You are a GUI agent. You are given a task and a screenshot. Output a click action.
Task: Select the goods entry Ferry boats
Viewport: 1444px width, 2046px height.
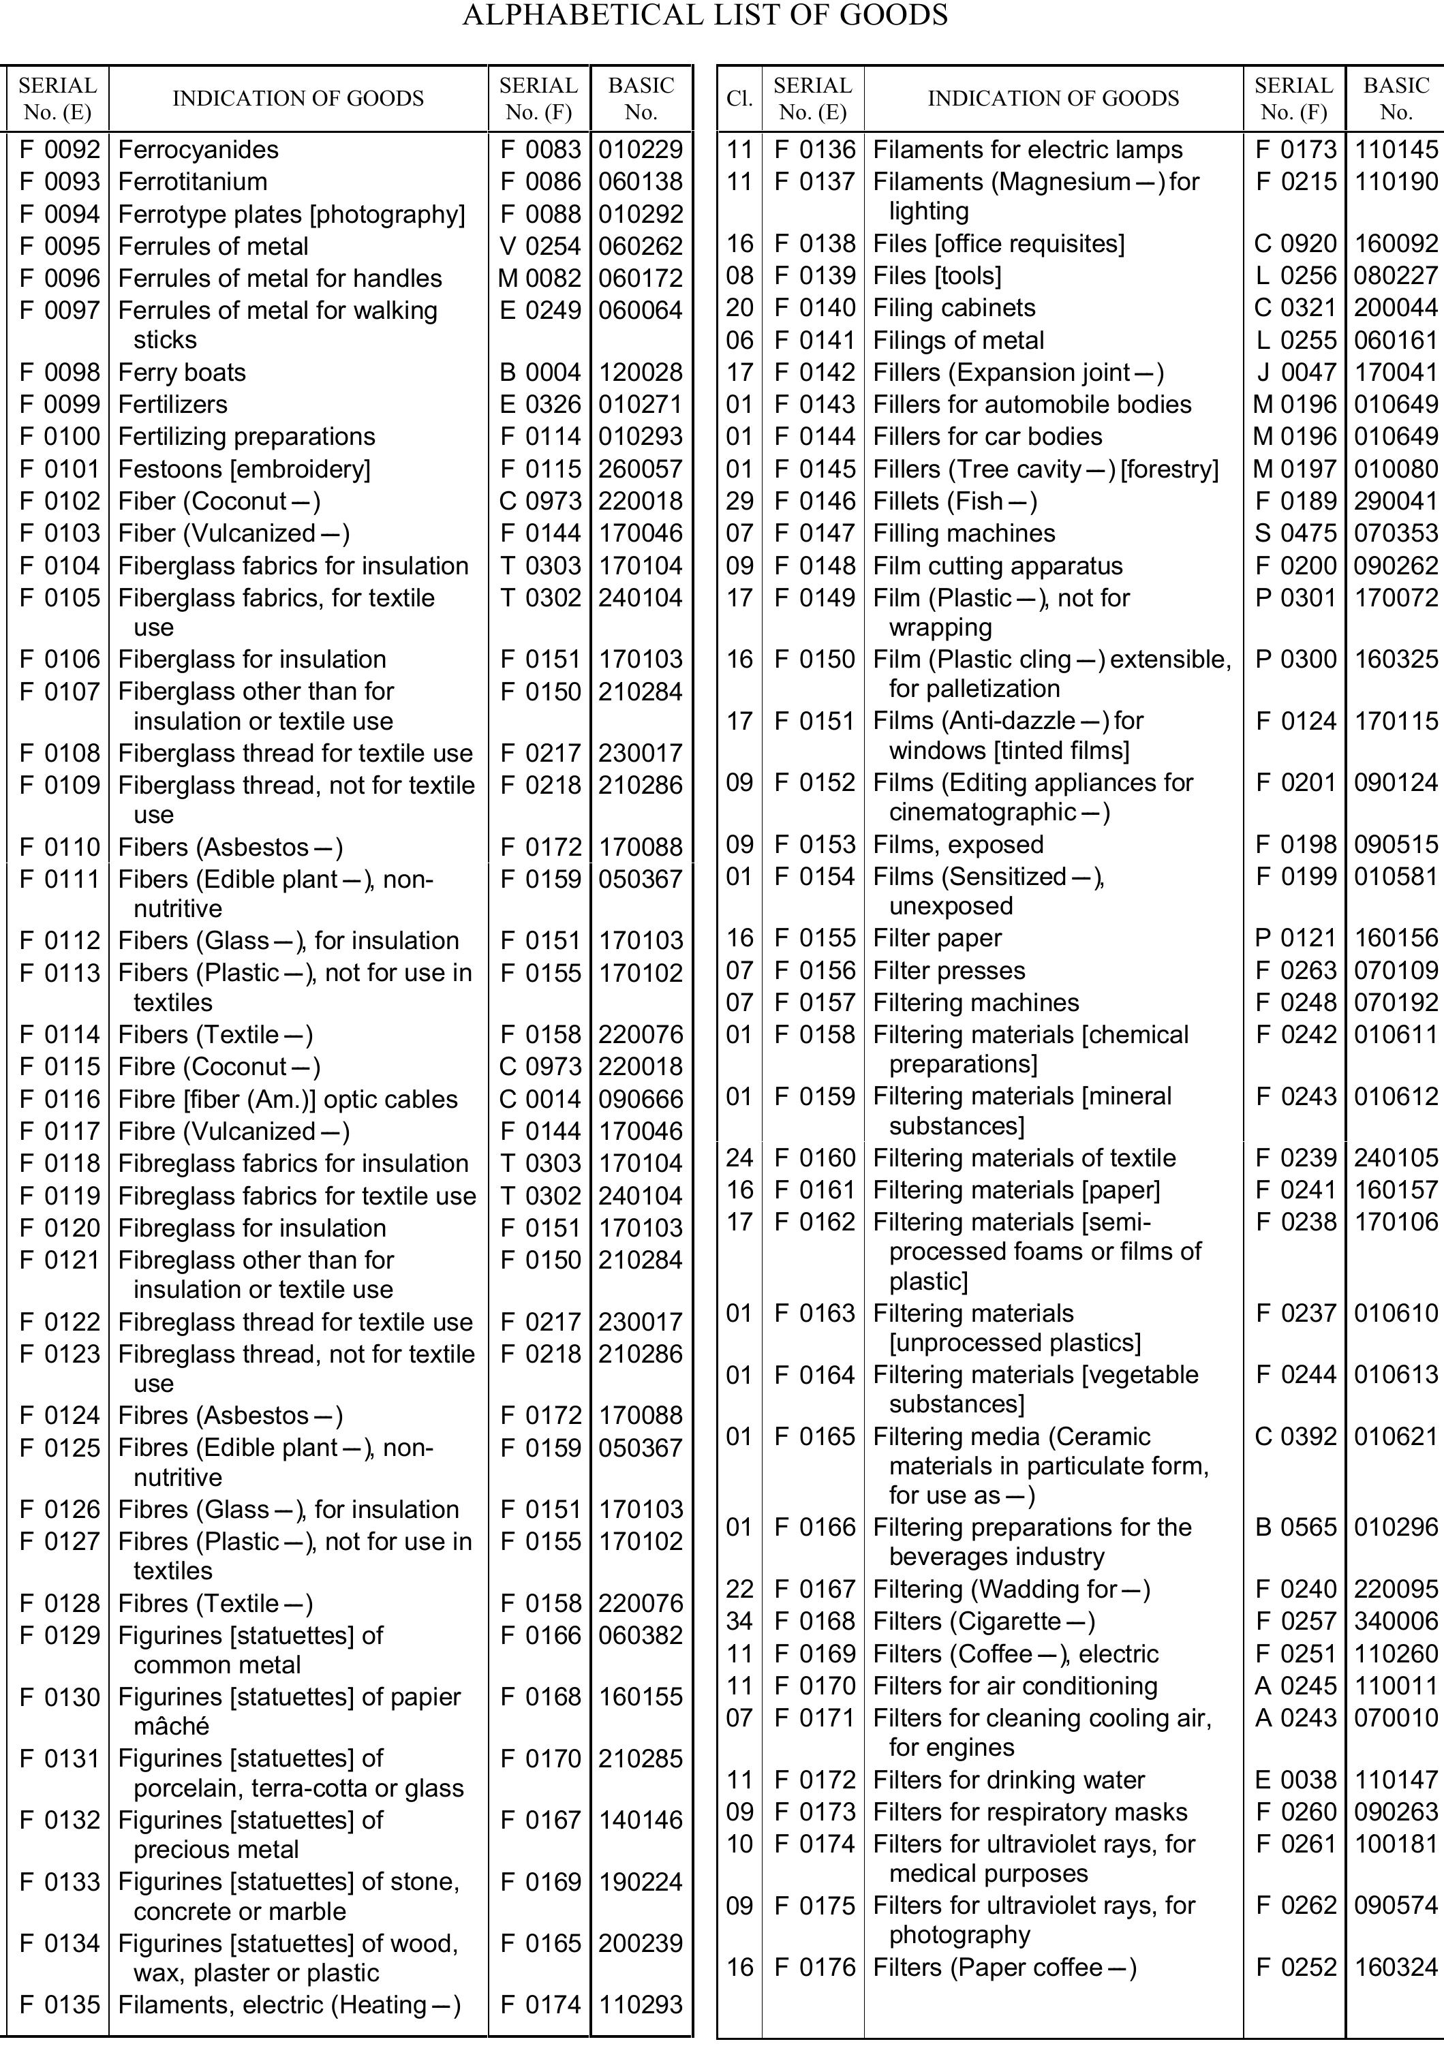[x=182, y=373]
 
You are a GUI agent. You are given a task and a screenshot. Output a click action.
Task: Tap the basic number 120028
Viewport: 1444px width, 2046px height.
[x=641, y=373]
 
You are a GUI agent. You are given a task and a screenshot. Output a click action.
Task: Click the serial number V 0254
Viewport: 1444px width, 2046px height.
[x=539, y=246]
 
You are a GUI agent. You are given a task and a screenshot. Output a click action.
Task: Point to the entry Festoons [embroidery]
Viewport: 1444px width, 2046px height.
[x=244, y=469]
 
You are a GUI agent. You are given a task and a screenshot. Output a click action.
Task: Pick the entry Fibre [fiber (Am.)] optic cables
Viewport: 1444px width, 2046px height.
[x=288, y=1100]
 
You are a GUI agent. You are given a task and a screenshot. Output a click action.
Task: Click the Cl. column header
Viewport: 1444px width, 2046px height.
[x=739, y=98]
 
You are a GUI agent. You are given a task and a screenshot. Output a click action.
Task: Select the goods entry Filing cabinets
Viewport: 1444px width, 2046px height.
[x=954, y=309]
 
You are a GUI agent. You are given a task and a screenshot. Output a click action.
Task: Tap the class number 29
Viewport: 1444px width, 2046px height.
[x=739, y=501]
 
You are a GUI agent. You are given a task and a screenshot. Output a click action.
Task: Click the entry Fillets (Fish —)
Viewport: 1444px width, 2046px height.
[x=955, y=501]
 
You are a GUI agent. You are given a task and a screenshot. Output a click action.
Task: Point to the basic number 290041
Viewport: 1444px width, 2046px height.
[x=1396, y=501]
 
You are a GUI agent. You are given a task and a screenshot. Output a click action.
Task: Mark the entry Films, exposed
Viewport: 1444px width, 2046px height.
[x=957, y=845]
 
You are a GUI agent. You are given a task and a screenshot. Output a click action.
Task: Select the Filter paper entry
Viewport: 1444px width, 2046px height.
[x=937, y=938]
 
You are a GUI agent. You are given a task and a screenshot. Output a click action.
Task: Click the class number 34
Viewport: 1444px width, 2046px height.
[x=739, y=1622]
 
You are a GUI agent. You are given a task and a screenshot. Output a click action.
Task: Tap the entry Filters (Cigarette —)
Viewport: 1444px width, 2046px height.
[x=984, y=1622]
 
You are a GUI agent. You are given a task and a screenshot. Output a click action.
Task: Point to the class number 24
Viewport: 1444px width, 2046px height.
[x=739, y=1158]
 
